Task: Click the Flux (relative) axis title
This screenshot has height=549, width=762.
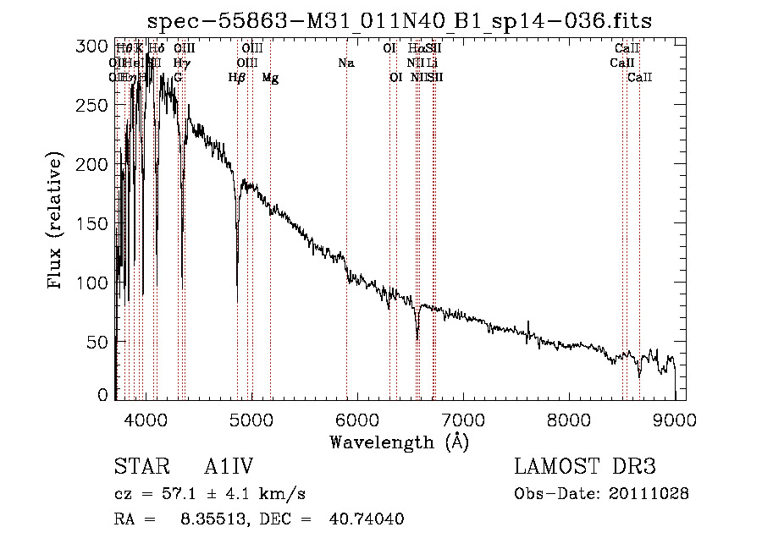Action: click(x=57, y=222)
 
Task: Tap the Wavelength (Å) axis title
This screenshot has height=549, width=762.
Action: click(x=399, y=442)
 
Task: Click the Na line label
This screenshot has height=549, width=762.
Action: click(x=345, y=63)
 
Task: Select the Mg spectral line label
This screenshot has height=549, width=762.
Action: click(x=270, y=78)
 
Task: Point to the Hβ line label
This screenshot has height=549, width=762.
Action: click(x=237, y=78)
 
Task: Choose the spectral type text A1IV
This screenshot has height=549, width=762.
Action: click(x=229, y=467)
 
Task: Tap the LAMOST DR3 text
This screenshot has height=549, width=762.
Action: click(x=584, y=467)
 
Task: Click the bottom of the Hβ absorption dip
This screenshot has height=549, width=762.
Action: click(x=237, y=301)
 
